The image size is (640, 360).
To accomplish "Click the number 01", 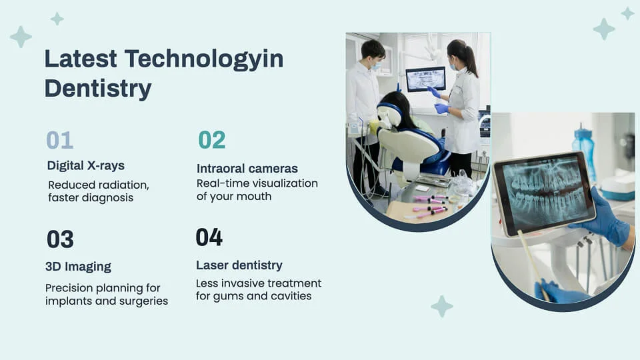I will (59, 140).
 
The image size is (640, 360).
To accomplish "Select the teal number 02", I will (211, 140).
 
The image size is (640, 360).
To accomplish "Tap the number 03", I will (60, 239).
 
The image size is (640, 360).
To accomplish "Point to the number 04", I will (209, 237).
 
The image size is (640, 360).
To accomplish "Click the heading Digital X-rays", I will (85, 165).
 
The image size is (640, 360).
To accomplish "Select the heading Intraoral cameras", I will (247, 168).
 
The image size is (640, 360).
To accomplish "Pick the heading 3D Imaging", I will (78, 267).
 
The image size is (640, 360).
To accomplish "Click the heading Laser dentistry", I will (239, 265).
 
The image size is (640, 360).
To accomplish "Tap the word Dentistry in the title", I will (97, 88).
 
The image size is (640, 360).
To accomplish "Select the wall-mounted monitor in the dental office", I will (425, 79).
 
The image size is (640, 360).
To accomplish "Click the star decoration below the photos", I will (441, 306).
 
